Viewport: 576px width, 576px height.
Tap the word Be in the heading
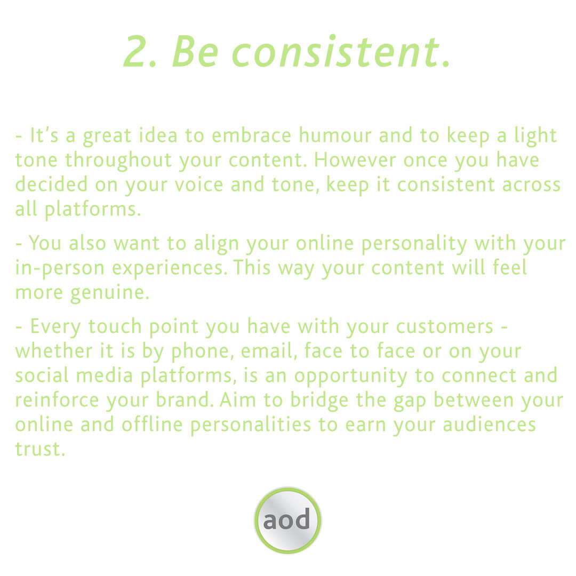coord(196,52)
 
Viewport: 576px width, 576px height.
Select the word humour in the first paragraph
coord(335,136)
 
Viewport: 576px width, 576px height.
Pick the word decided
coord(51,185)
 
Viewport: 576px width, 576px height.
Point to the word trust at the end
coord(38,450)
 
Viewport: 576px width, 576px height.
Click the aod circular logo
coord(287,521)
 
